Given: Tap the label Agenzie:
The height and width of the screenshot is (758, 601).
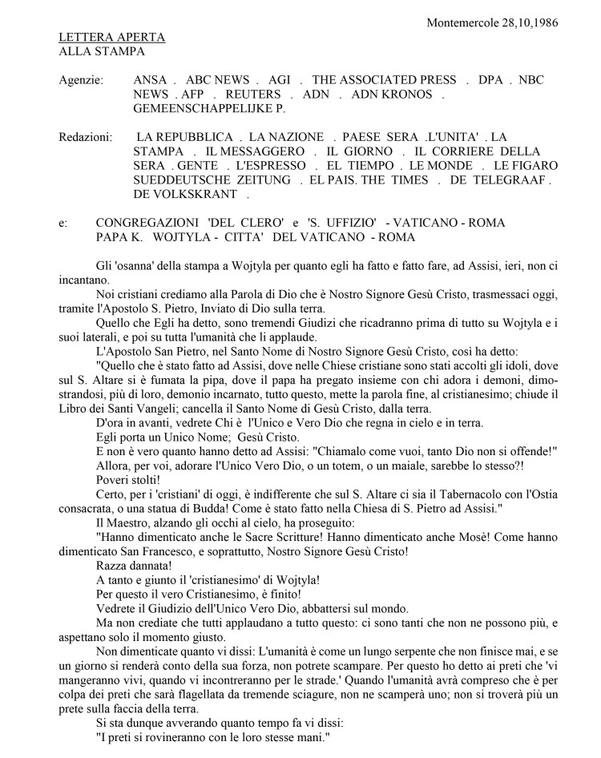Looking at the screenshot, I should (81, 80).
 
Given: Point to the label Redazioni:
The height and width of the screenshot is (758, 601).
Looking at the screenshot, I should (86, 138).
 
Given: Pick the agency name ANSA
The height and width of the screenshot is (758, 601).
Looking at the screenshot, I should (152, 80).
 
